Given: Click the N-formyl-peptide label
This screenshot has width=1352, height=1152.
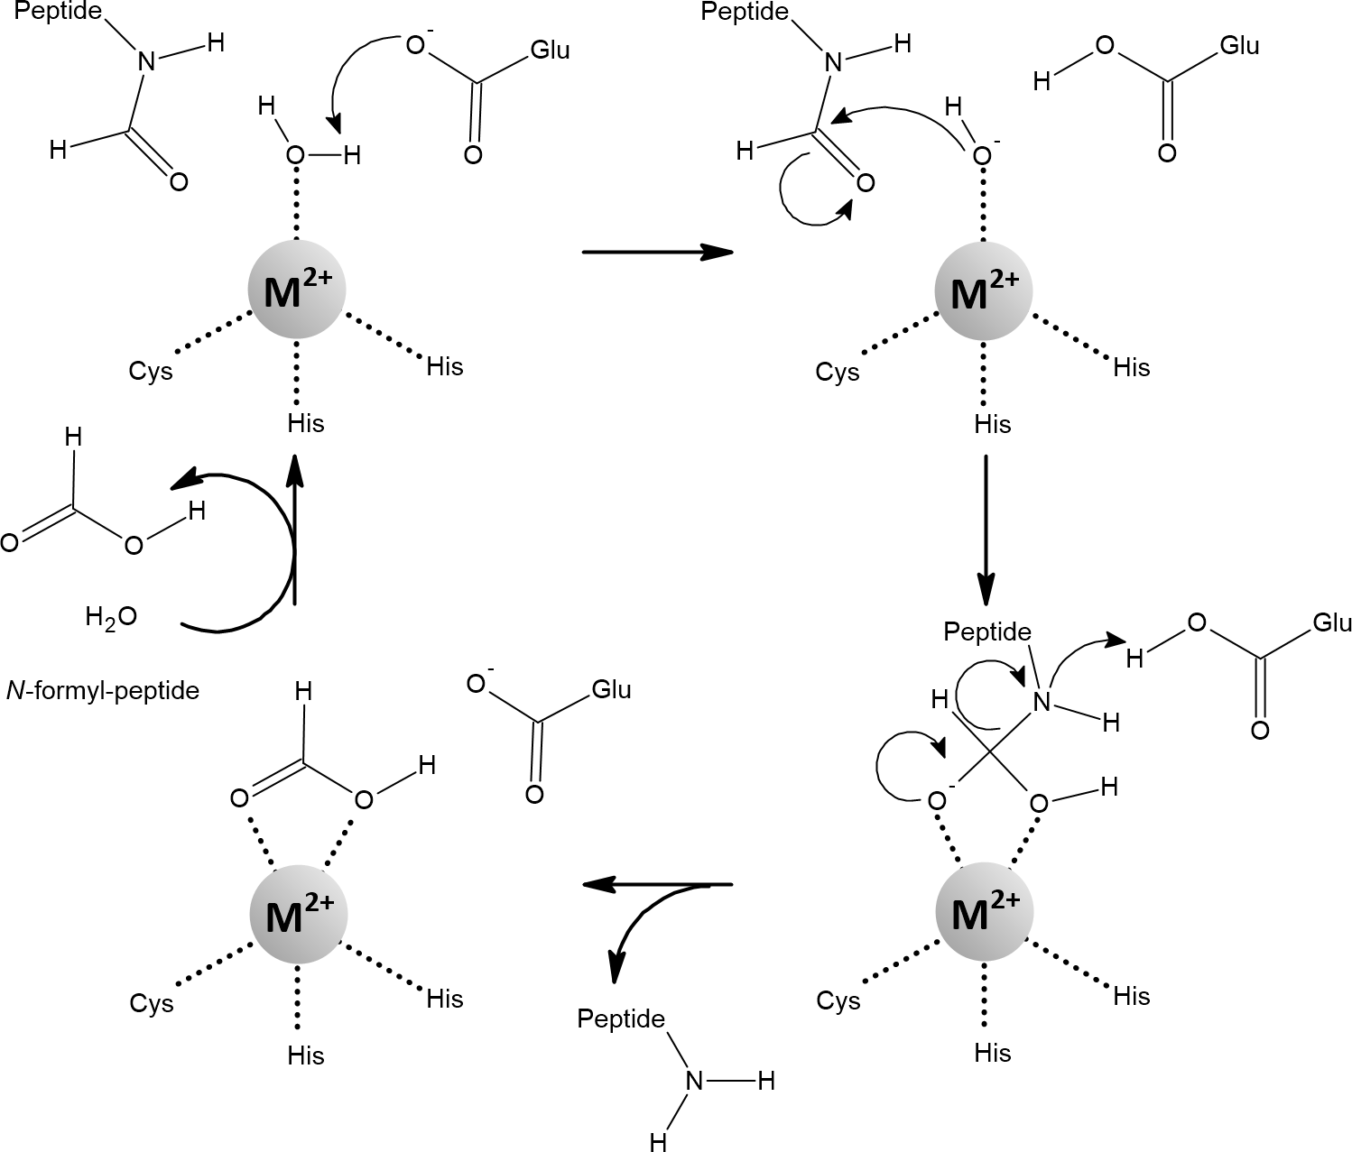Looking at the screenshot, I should pos(103,692).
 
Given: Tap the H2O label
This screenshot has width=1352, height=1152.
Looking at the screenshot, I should pos(111,618).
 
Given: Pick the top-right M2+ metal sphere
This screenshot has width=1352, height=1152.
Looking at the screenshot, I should pos(983,291).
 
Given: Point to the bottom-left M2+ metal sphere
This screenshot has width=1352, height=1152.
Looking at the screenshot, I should pos(297,917).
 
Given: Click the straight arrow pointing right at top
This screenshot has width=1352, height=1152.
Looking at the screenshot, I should pos(656,252).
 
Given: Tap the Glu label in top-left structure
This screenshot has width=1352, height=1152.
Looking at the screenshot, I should pos(550,51).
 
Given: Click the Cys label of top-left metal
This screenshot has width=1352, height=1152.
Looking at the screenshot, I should pos(151,372).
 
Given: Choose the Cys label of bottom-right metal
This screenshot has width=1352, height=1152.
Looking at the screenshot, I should pos(838,1000).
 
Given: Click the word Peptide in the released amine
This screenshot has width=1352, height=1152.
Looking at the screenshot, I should pos(621,1020).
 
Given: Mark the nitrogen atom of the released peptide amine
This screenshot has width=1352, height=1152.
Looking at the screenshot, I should pos(694,1081).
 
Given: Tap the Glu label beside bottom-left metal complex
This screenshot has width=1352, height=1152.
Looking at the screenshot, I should pos(611,690).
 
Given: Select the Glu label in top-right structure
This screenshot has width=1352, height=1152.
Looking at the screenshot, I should pos(1238,46).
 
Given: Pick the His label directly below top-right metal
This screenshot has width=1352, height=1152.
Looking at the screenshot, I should pos(993,424).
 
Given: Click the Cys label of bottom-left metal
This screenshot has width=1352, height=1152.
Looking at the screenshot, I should pos(151,1003).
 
